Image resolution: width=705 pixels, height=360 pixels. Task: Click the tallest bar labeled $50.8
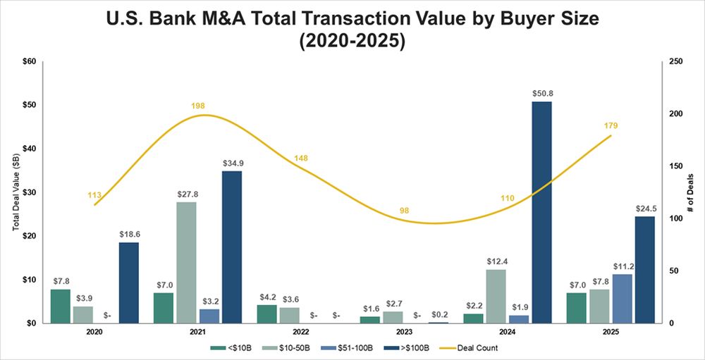pos(542,212)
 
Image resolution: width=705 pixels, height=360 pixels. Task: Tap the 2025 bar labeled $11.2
pos(623,298)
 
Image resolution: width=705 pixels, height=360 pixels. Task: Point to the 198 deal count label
pos(198,106)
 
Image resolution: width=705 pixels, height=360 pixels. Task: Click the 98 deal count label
pos(404,211)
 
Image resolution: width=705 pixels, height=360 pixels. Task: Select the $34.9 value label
pos(232,163)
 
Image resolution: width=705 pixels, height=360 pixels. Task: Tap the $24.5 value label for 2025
pos(645,209)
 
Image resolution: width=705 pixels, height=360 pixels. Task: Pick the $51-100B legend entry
pos(341,347)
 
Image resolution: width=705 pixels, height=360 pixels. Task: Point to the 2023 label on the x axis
pos(404,331)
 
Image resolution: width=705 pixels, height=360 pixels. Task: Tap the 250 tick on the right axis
pos(676,61)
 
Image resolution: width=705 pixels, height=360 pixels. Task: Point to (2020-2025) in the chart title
pos(352,41)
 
